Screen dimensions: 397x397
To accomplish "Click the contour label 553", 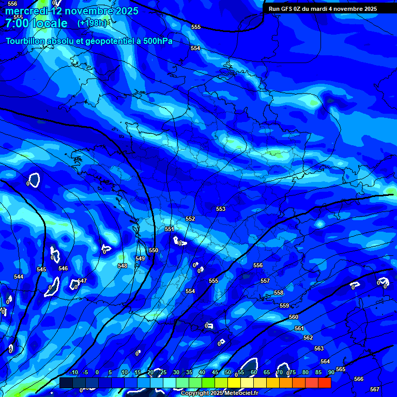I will [x=221, y=209].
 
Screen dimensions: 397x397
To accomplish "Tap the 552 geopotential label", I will [x=190, y=219].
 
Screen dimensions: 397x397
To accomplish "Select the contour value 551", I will [x=169, y=229].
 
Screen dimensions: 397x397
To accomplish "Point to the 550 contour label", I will [x=154, y=250].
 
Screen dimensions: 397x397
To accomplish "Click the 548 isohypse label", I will [x=123, y=266].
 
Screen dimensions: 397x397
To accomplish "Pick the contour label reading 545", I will [x=41, y=269].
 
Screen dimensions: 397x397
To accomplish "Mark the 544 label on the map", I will [x=19, y=277].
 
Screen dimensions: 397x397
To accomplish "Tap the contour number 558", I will [x=279, y=293].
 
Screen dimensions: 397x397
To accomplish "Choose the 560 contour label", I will [x=294, y=317].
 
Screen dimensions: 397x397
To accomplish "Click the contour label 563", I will [x=319, y=348].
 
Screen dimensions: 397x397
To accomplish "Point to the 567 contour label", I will [x=375, y=389].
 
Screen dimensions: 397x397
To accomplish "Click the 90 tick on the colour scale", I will [x=331, y=372].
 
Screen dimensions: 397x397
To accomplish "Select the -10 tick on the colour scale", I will [x=74, y=372].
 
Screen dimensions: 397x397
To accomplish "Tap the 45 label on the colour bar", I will [x=215, y=372].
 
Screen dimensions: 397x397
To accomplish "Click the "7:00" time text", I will [x=17, y=23].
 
